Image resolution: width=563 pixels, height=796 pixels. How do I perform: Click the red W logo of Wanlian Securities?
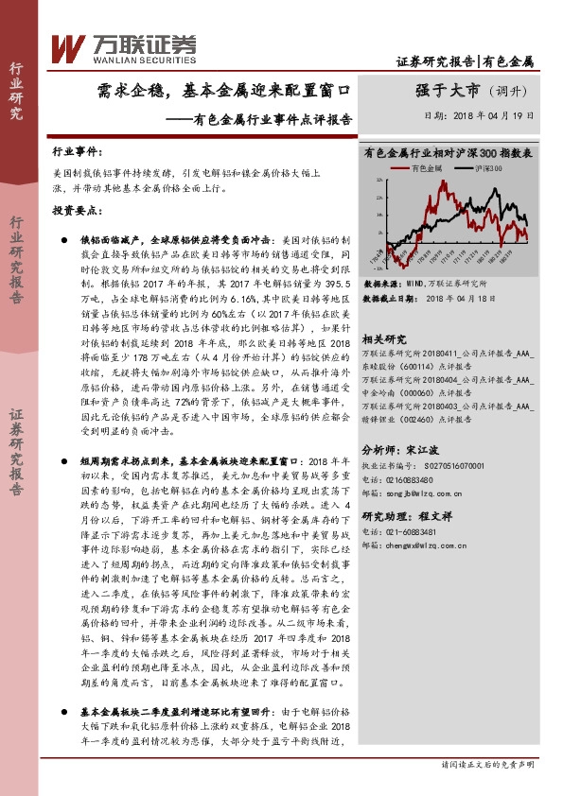click(x=67, y=44)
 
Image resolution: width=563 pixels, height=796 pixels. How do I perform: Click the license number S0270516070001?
click(x=450, y=465)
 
